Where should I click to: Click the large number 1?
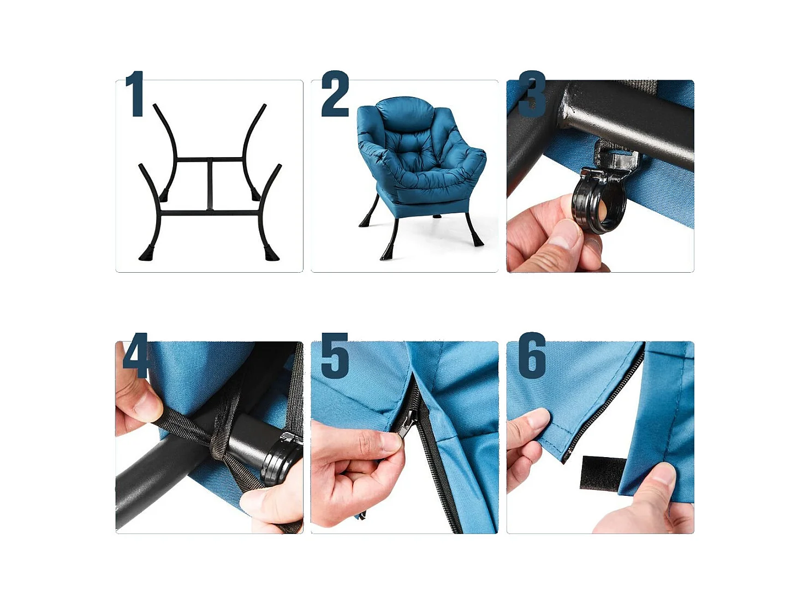point(135,94)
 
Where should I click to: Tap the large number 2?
point(335,94)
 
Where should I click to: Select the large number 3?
point(532,94)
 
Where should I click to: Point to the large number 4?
point(135,355)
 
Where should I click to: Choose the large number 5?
point(335,356)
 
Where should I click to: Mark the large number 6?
point(532,356)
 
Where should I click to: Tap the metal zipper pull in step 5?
point(407,423)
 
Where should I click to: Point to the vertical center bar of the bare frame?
point(210,185)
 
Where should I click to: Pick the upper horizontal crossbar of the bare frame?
point(210,160)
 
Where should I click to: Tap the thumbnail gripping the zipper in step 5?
point(390,441)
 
